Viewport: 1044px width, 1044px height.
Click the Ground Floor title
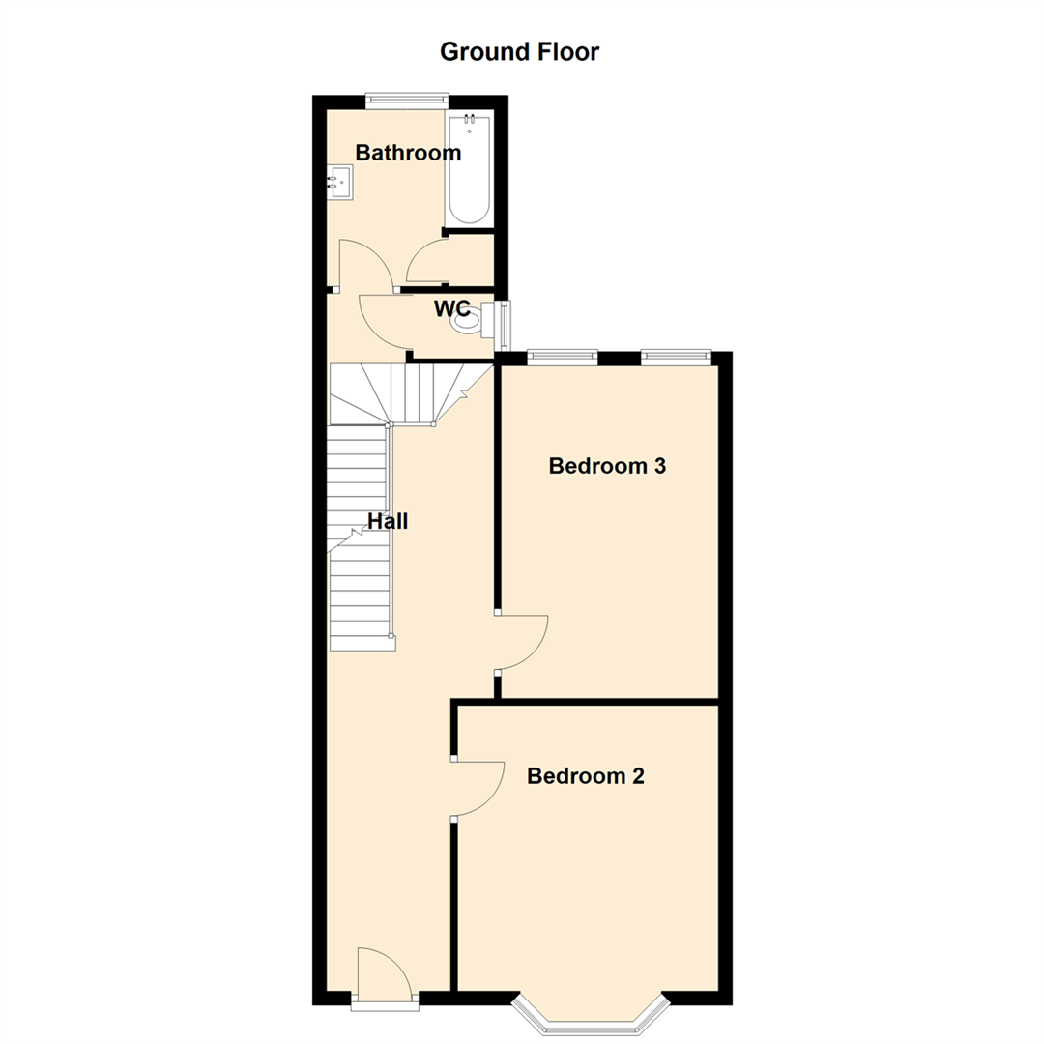click(x=519, y=52)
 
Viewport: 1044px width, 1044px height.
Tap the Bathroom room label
click(x=408, y=153)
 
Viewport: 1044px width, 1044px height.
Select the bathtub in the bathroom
click(x=470, y=168)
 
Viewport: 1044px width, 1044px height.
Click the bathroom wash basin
click(x=340, y=182)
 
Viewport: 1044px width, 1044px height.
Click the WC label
click(x=451, y=308)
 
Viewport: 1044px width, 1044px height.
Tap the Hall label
click(x=388, y=521)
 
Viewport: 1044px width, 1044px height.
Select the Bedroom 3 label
click(x=607, y=466)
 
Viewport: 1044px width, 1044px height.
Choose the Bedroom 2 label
click(x=586, y=776)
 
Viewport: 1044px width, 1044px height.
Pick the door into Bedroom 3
click(x=521, y=642)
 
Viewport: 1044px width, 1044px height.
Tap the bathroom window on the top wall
click(x=407, y=98)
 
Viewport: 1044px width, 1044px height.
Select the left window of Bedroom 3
click(x=562, y=358)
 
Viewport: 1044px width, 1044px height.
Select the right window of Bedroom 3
click(x=677, y=358)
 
